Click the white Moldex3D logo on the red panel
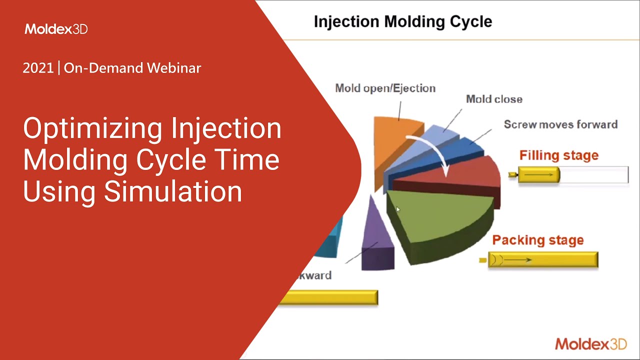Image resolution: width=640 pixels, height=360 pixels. [56, 29]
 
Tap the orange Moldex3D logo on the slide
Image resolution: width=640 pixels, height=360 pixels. [591, 343]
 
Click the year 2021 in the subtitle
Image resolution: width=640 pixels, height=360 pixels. [38, 68]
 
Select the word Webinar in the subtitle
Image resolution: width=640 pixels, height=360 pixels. [174, 68]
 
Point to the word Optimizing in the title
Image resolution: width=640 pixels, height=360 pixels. [93, 129]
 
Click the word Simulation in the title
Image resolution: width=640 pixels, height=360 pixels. [173, 191]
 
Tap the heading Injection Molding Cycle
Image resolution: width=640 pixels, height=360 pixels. [403, 21]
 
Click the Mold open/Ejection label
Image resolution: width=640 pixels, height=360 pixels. [385, 88]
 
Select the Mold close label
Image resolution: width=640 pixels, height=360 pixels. [494, 99]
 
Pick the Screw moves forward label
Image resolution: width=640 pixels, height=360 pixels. [560, 124]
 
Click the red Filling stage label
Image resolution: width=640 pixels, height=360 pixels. [559, 155]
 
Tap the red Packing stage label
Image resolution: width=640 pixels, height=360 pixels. [538, 240]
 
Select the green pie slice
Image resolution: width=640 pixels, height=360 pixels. [437, 220]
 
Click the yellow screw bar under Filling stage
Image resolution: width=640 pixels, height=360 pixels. [539, 174]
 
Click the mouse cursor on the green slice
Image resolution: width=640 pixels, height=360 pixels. [398, 209]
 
